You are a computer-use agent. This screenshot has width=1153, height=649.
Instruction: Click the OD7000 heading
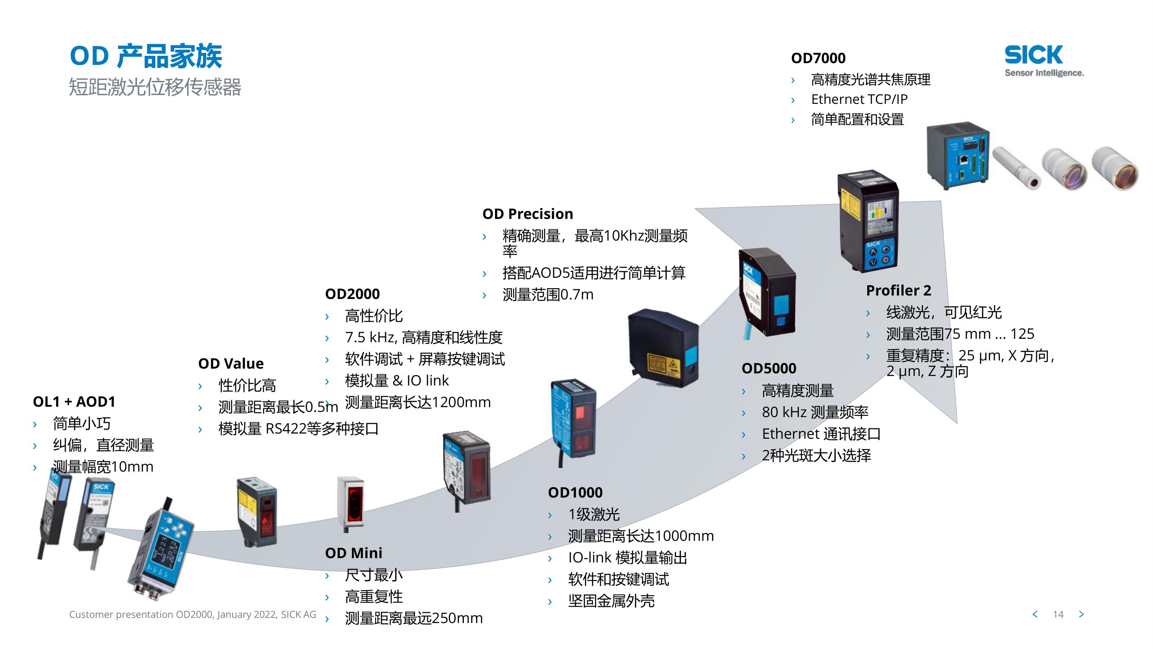pyautogui.click(x=818, y=58)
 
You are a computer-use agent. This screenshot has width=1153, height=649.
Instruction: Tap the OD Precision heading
pyautogui.click(x=527, y=214)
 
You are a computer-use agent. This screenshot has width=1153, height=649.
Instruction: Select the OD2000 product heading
pyautogui.click(x=352, y=294)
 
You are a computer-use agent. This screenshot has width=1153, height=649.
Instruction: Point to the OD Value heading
pyautogui.click(x=230, y=364)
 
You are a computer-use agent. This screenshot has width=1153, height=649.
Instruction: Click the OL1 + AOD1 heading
pyautogui.click(x=74, y=402)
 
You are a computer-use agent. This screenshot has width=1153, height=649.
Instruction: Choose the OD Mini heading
pyautogui.click(x=353, y=553)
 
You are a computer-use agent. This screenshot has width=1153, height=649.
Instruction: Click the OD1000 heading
pyautogui.click(x=575, y=493)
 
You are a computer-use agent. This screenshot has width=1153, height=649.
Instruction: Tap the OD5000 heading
pyautogui.click(x=769, y=369)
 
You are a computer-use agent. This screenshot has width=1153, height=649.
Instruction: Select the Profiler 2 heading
pyautogui.click(x=898, y=291)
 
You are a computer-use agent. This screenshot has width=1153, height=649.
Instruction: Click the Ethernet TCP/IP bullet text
pyautogui.click(x=859, y=100)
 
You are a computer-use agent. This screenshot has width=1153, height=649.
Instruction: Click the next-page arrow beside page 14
pyautogui.click(x=1081, y=614)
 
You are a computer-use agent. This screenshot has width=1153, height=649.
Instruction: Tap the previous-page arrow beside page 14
pyautogui.click(x=1035, y=614)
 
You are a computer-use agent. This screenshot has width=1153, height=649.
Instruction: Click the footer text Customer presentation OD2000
pyautogui.click(x=192, y=614)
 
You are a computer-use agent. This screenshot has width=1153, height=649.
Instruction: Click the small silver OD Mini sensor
pyautogui.click(x=350, y=501)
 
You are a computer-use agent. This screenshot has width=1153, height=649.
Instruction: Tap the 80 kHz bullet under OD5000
pyautogui.click(x=814, y=412)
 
